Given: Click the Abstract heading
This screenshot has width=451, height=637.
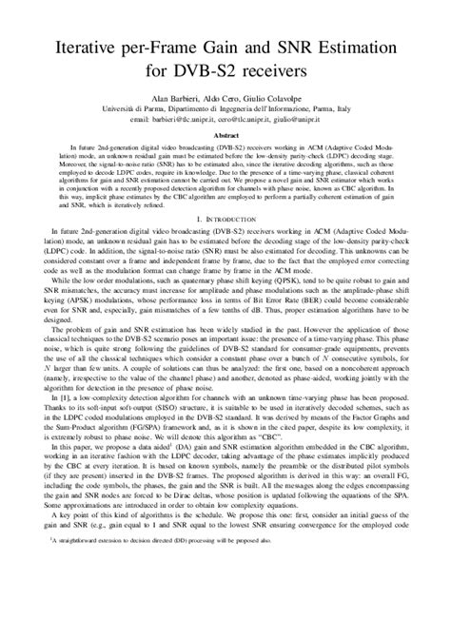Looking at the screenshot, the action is (x=225, y=135).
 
